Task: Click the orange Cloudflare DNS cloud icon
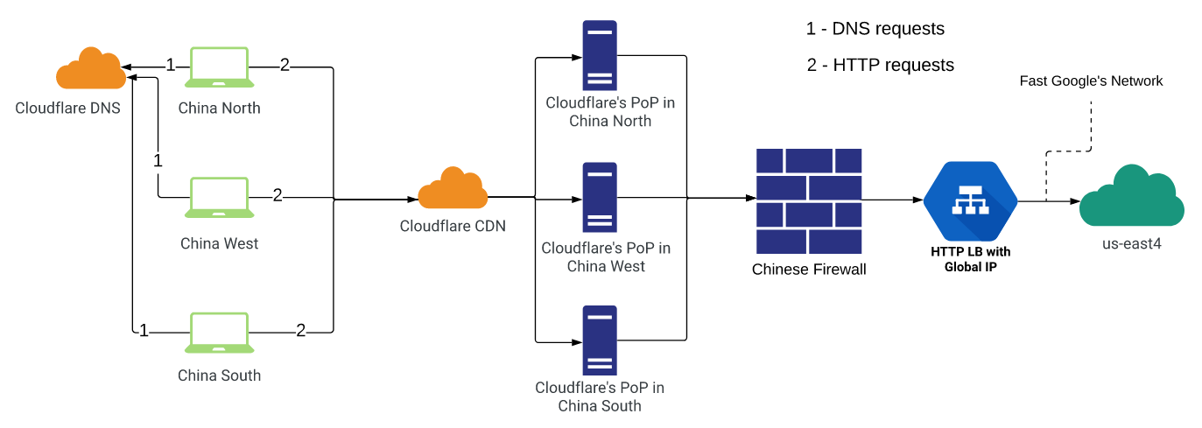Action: tap(90, 70)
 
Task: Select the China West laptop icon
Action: tap(219, 198)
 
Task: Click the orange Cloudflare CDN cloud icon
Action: tap(453, 189)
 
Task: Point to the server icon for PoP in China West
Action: tap(600, 197)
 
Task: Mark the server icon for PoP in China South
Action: tap(600, 340)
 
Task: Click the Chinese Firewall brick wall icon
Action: tap(809, 200)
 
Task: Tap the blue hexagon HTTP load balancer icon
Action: tap(971, 201)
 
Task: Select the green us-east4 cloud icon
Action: tap(1131, 199)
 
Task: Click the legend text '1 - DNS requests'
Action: tap(875, 29)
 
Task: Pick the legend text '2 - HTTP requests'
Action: tap(881, 65)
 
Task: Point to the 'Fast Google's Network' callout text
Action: tap(1091, 81)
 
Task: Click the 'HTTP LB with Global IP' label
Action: tap(970, 259)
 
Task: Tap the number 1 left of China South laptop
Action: tap(144, 331)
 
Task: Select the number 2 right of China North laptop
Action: tap(285, 65)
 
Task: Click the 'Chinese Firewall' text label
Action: tap(809, 270)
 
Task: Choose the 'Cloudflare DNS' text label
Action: tap(67, 109)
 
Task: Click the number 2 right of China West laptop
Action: tap(278, 195)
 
